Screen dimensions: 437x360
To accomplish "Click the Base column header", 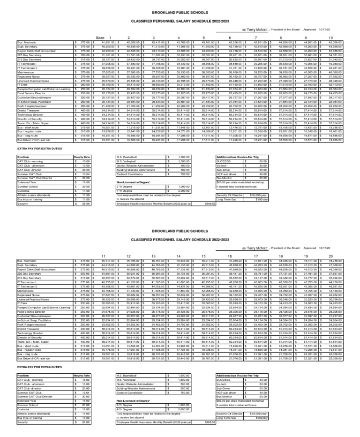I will coord(100,38).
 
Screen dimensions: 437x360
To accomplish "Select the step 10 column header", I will coord(330,38).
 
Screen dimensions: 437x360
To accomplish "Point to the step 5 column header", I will coord(203,38).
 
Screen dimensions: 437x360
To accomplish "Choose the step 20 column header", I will coord(330,256).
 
